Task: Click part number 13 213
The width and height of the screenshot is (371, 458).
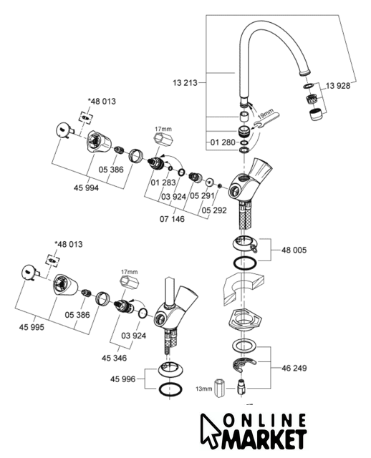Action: (x=185, y=83)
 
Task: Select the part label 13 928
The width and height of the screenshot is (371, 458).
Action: (x=337, y=86)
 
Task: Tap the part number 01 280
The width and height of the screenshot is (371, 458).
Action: (x=223, y=142)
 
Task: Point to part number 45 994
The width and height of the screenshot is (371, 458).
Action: (x=86, y=187)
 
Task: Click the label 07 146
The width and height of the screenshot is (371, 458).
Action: (x=172, y=219)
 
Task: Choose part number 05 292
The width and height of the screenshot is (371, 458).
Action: (x=214, y=210)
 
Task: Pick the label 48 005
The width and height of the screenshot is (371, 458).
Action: (x=294, y=250)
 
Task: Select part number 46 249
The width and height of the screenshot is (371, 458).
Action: (x=294, y=368)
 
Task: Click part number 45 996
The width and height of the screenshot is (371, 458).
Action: (x=122, y=379)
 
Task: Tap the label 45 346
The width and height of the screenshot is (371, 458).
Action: (x=115, y=358)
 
